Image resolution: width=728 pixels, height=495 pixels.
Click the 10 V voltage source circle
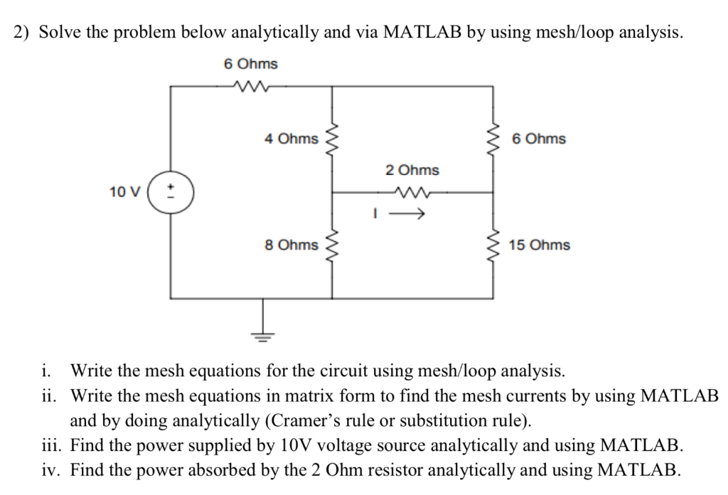tap(170, 191)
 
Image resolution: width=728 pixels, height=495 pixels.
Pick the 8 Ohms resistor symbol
tap(332, 245)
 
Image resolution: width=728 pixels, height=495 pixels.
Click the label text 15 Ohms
tap(539, 245)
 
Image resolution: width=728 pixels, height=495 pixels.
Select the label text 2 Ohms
tap(412, 170)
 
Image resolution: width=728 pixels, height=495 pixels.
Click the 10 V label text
tap(125, 191)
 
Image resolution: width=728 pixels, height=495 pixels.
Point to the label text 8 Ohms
tap(291, 245)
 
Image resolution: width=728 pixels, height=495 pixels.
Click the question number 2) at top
tap(23, 32)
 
